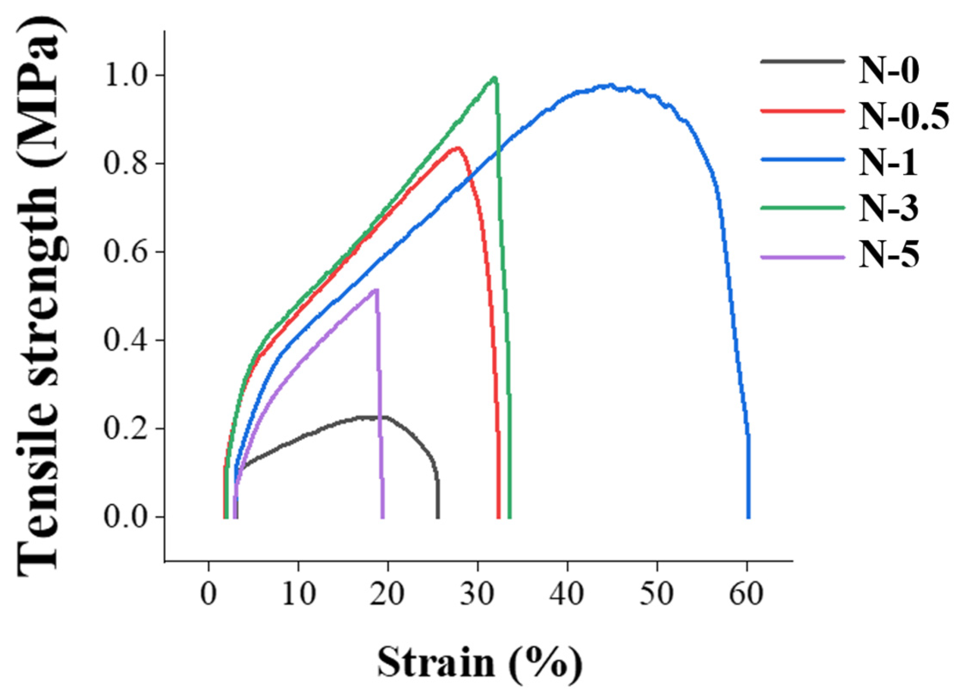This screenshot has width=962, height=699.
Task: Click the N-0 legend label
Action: (x=888, y=71)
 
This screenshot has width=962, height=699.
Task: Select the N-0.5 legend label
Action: (x=904, y=116)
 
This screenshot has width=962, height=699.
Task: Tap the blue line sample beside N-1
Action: (x=802, y=159)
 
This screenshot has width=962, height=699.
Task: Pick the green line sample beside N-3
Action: (x=802, y=208)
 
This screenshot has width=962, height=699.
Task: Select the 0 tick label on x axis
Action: (x=209, y=594)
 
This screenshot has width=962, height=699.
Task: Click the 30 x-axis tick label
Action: (x=478, y=594)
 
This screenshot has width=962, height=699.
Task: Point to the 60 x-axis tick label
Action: (x=747, y=594)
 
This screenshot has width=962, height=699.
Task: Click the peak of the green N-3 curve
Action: (x=494, y=78)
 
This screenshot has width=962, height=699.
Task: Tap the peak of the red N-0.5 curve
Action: (x=457, y=148)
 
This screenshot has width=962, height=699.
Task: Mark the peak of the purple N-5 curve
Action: (x=376, y=290)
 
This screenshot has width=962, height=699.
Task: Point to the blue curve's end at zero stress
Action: (x=748, y=517)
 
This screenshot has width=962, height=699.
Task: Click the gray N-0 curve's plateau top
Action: (x=373, y=417)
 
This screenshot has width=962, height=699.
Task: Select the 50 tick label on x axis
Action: (x=657, y=594)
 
